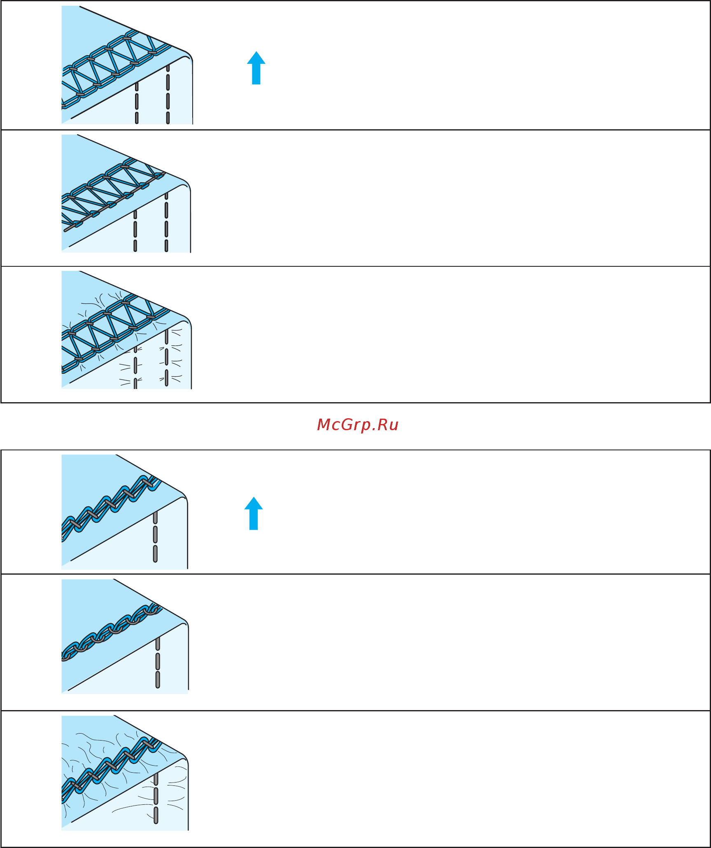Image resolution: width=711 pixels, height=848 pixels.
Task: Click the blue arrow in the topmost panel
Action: coord(256,68)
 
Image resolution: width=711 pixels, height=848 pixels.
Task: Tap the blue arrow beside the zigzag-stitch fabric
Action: coord(254,513)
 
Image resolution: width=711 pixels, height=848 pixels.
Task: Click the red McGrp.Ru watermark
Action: coord(358,425)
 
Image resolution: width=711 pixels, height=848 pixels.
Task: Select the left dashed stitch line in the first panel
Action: coord(137,103)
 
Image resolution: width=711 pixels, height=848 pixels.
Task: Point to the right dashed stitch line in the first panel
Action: coord(168,94)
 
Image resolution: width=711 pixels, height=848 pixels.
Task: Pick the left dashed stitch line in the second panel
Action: coord(135,231)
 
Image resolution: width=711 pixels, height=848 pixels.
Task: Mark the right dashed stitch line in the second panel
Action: coord(166,222)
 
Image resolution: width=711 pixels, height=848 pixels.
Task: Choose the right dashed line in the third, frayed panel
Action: coord(166,358)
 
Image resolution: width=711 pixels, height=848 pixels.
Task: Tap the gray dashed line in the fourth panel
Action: coord(155,537)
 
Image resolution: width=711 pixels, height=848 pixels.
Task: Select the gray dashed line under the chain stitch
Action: coord(158,662)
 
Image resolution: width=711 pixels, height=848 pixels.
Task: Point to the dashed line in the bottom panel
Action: coord(156,798)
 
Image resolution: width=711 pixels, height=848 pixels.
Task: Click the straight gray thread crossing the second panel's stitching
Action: coord(114,202)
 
